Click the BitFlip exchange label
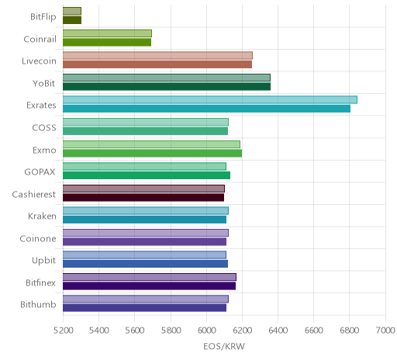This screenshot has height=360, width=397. tap(43, 17)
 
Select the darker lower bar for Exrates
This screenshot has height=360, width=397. tap(206, 109)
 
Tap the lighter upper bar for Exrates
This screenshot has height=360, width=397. tap(210, 99)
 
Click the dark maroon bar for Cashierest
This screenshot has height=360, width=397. tap(143, 197)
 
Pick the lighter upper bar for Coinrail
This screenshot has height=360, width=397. tap(107, 33)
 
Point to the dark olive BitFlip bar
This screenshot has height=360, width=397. tap(72, 20)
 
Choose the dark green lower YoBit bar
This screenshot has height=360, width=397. tap(167, 87)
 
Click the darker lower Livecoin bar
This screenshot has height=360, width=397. tap(157, 64)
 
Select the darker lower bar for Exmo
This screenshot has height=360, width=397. tap(152, 153)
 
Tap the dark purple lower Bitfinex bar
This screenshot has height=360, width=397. tap(149, 286)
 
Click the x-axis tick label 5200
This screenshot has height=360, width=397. tap(63, 331)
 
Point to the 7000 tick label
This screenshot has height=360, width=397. tap(385, 331)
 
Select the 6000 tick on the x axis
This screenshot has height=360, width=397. tap(206, 331)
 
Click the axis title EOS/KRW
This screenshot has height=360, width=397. tap(224, 346)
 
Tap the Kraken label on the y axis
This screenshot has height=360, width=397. tap(42, 216)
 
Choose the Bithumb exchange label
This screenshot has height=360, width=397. tap(38, 304)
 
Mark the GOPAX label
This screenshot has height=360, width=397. tap(40, 171)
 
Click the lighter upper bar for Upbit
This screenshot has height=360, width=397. tap(144, 254)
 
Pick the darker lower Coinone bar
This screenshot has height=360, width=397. tap(144, 241)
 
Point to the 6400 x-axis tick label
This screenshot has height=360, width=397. tap(278, 331)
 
